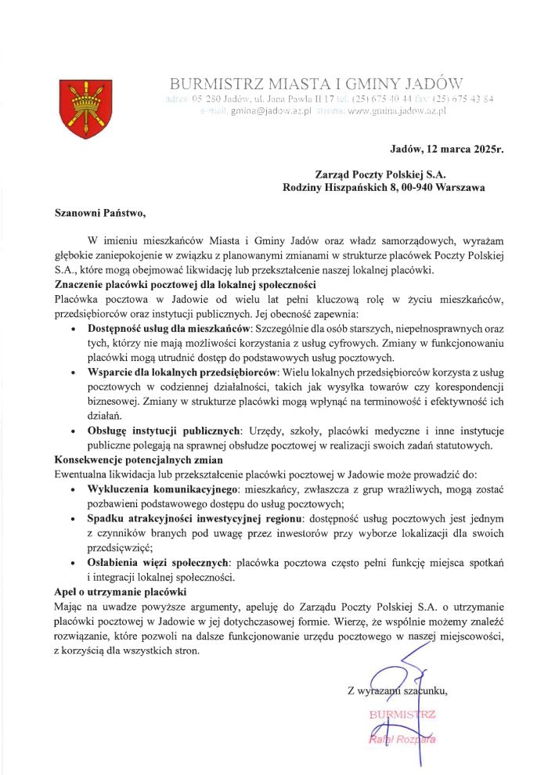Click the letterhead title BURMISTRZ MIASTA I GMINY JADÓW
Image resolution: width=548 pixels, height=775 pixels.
(317, 84)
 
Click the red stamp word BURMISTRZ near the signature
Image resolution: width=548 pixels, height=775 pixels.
(402, 714)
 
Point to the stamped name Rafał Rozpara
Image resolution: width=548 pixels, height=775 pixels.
(402, 740)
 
